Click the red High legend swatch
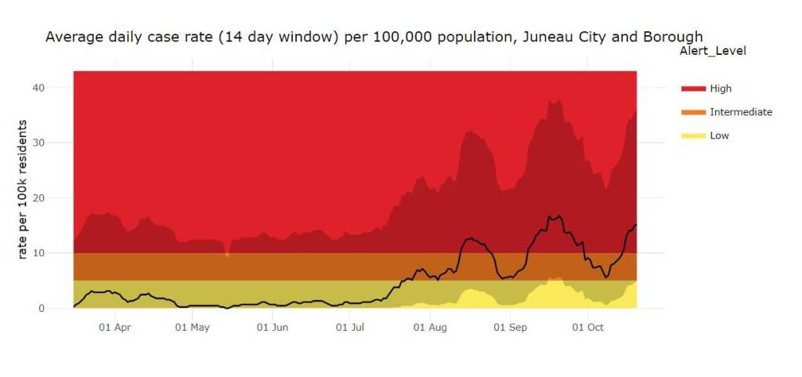tap(693, 89)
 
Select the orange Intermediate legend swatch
tap(693, 112)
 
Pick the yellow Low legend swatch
tap(693, 136)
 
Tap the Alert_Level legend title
tap(712, 51)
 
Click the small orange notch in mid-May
tap(227, 254)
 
